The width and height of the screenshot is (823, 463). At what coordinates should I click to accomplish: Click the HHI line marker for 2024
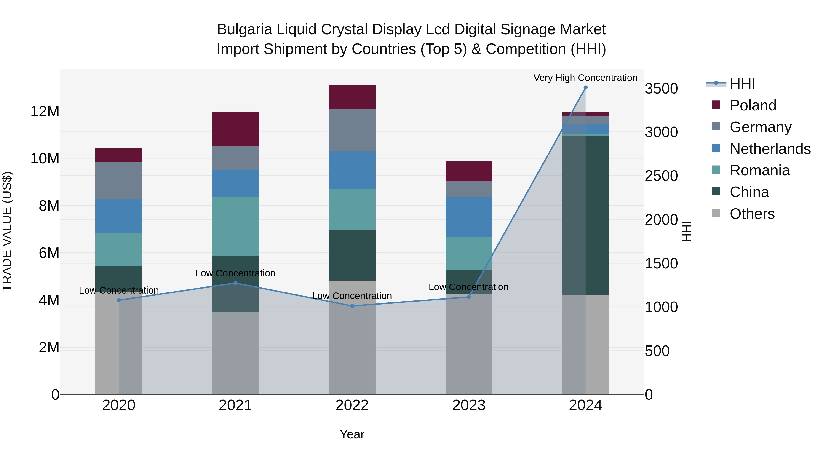pyautogui.click(x=585, y=88)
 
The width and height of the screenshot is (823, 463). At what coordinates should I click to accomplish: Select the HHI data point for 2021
pyautogui.click(x=235, y=283)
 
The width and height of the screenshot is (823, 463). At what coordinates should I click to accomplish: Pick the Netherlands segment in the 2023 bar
pyautogui.click(x=469, y=217)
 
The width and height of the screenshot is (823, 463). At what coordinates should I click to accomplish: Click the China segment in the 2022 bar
pyautogui.click(x=352, y=255)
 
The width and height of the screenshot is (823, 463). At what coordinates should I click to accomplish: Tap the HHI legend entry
pyautogui.click(x=742, y=84)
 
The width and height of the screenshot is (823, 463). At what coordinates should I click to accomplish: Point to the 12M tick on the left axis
pyautogui.click(x=45, y=112)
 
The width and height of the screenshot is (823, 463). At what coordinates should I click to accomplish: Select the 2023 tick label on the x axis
pyautogui.click(x=469, y=405)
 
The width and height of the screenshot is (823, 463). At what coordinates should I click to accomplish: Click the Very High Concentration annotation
pyautogui.click(x=585, y=78)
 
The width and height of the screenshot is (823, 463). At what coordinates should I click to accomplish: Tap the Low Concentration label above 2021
pyautogui.click(x=235, y=273)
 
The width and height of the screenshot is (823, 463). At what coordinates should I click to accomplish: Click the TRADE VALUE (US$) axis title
pyautogui.click(x=7, y=231)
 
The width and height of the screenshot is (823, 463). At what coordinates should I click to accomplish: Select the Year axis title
pyautogui.click(x=352, y=434)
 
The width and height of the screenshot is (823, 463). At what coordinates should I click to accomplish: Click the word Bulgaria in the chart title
pyautogui.click(x=244, y=29)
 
